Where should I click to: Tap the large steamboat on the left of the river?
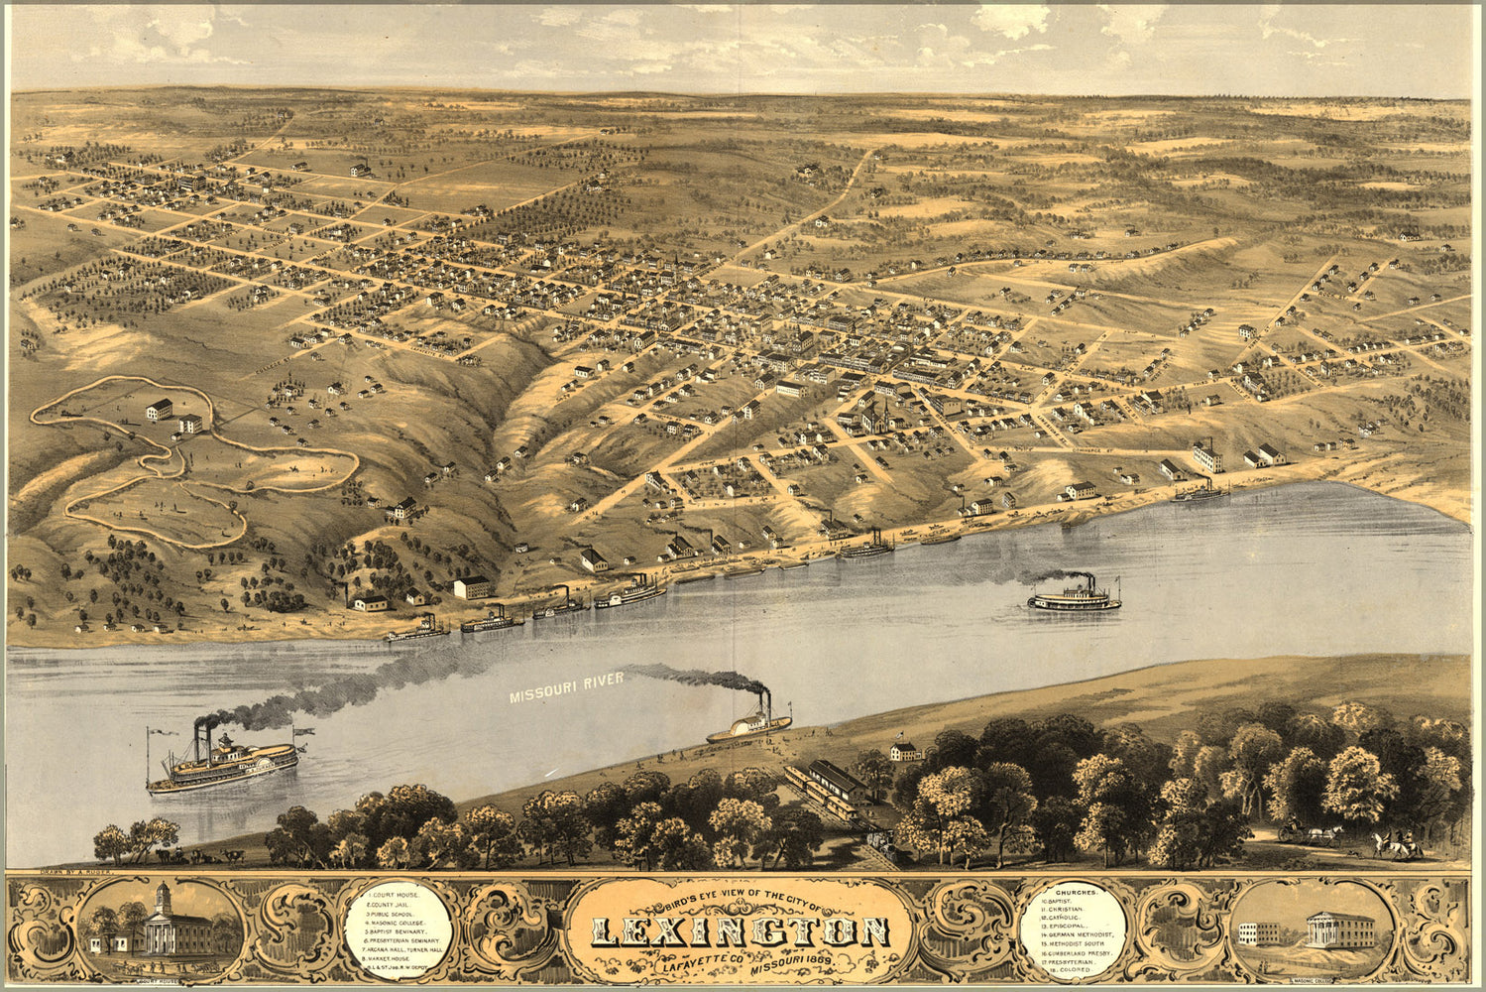click(222, 761)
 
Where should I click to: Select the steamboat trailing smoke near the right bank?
click(1075, 596)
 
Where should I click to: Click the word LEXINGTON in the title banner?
click(741, 931)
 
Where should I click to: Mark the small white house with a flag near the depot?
click(904, 751)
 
